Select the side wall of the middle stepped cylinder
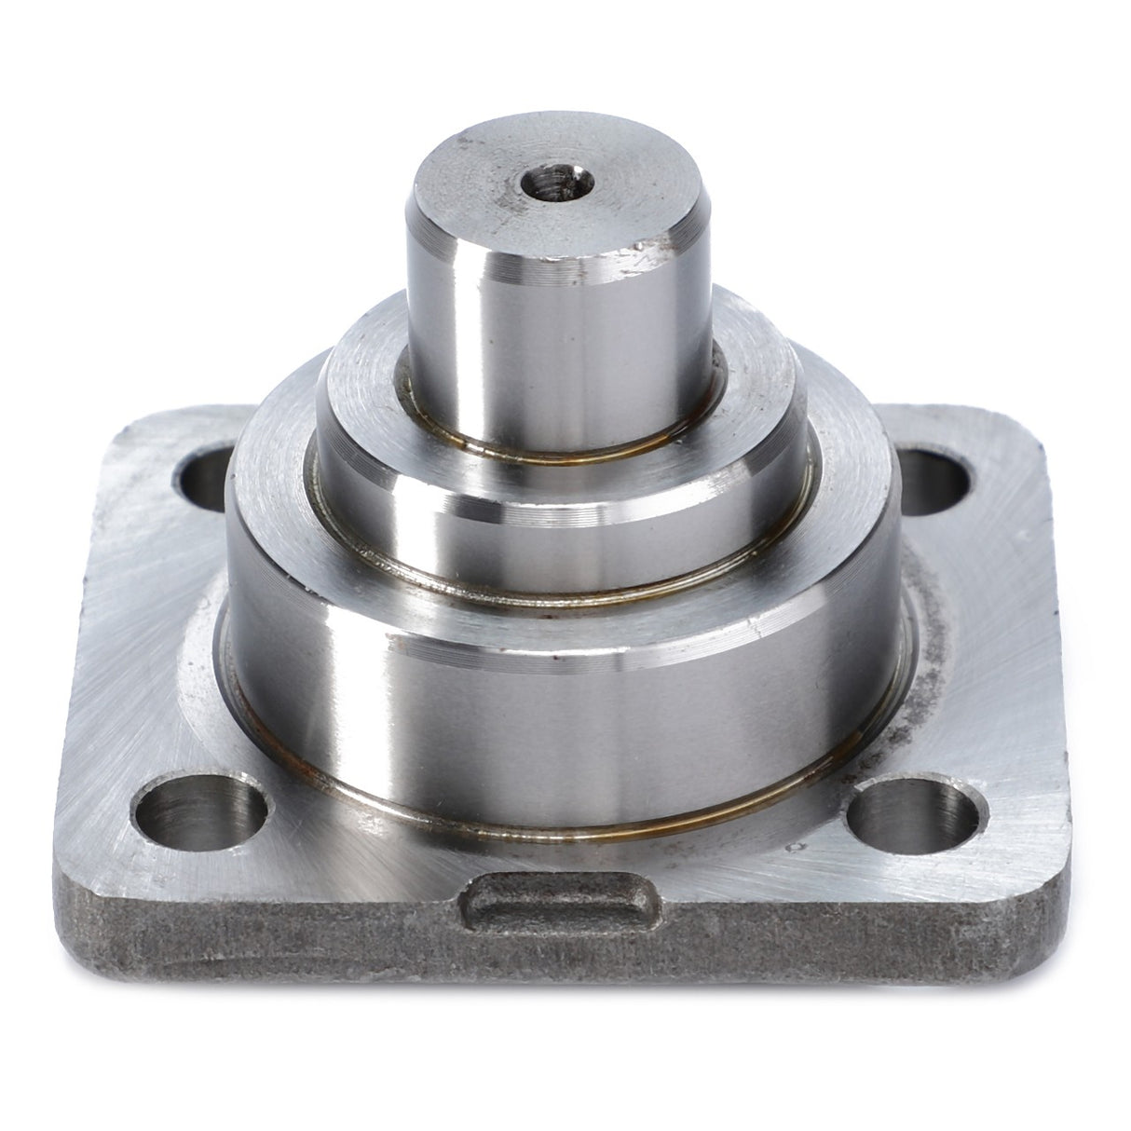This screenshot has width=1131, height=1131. (559, 522)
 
